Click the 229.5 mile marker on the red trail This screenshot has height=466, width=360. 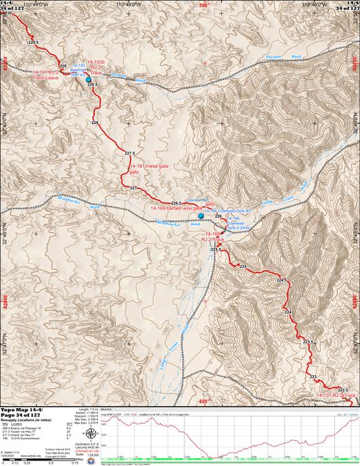tap(33, 42)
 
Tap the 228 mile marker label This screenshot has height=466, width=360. tap(95, 123)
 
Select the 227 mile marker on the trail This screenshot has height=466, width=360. tap(133, 188)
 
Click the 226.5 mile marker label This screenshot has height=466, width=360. tap(176, 203)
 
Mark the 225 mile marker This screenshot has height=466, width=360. tap(242, 268)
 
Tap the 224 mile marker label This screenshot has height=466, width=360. tap(288, 313)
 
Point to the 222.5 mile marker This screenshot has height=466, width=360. tap(342, 390)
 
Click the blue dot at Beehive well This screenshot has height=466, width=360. tap(89, 80)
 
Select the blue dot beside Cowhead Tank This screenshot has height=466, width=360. tap(201, 215)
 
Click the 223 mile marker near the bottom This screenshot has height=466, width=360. tap(313, 377)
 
